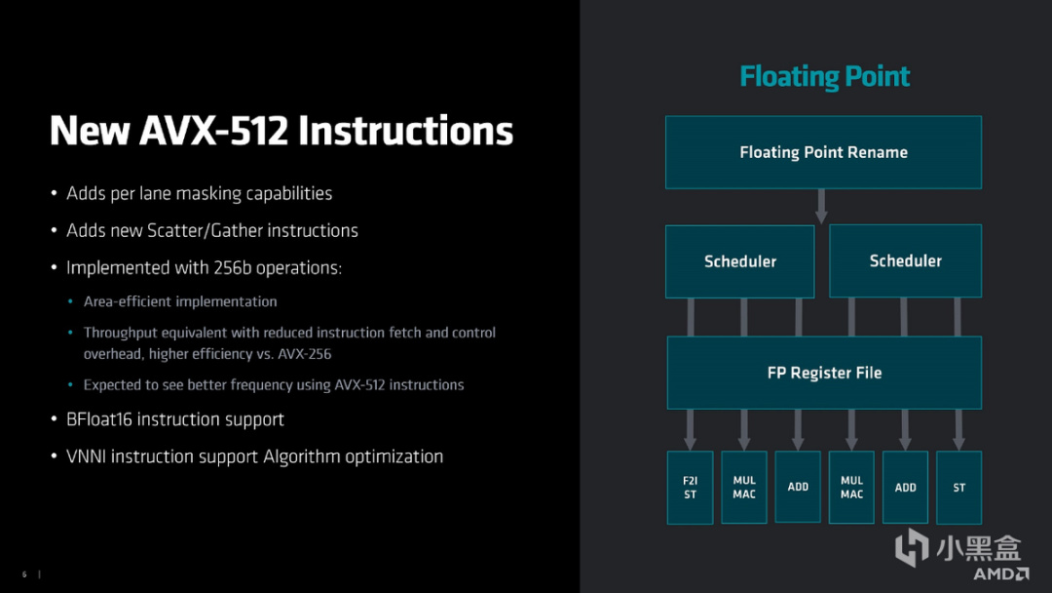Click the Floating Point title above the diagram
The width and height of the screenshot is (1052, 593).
click(824, 77)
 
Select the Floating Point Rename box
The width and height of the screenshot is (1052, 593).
click(823, 152)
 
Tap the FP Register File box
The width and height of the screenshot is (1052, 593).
click(823, 373)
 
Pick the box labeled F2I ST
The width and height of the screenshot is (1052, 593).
click(690, 488)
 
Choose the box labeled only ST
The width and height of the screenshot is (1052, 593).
click(958, 488)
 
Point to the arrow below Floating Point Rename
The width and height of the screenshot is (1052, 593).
click(821, 206)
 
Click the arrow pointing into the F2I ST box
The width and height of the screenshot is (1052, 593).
click(691, 428)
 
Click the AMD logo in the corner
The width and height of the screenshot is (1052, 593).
click(1001, 573)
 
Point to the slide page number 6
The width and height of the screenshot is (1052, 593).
click(24, 573)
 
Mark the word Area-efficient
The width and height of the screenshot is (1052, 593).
click(131, 302)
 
